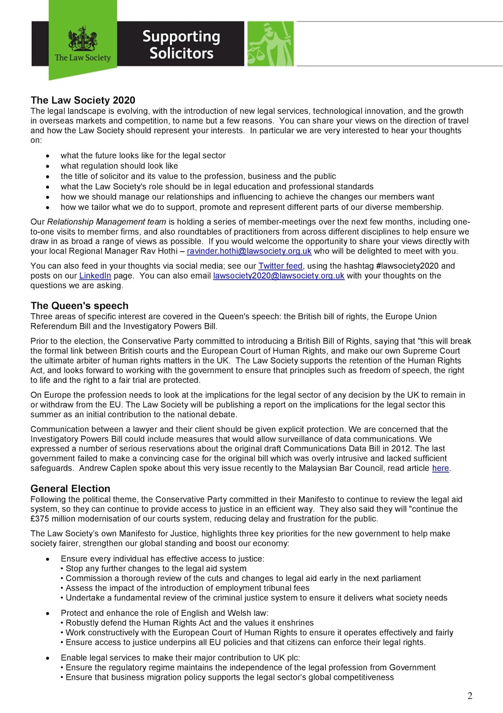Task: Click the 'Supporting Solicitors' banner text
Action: click(181, 45)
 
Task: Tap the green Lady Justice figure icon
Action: click(271, 44)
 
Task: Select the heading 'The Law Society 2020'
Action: click(83, 100)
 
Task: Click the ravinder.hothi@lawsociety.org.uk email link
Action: click(249, 251)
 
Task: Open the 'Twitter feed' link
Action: click(280, 266)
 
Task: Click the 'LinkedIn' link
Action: click(95, 276)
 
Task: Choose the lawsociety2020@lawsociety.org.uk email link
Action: click(279, 276)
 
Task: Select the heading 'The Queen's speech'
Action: click(79, 306)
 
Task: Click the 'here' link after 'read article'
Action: click(440, 468)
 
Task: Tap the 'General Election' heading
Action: click(70, 488)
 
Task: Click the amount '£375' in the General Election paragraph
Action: click(40, 519)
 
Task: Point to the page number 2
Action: click(470, 696)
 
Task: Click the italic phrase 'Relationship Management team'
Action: click(106, 222)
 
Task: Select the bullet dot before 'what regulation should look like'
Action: click(48, 166)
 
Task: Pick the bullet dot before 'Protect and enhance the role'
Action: click(48, 614)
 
